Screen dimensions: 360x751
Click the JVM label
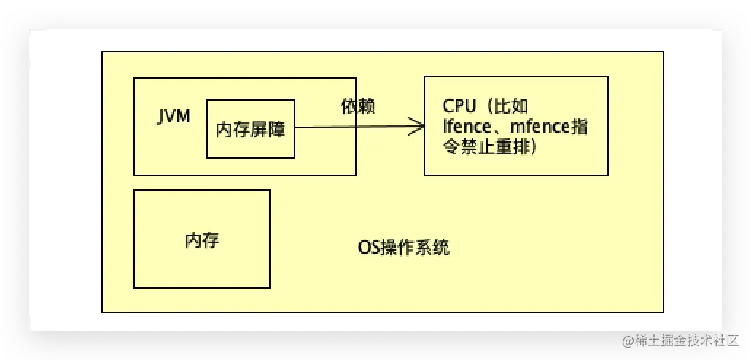[174, 117]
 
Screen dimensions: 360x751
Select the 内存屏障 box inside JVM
[251, 129]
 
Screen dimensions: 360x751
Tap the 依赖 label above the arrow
[358, 106]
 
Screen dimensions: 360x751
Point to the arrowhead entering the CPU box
[419, 127]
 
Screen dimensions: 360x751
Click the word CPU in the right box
[457, 106]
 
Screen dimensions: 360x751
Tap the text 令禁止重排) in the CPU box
[490, 147]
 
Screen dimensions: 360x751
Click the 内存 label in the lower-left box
[202, 240]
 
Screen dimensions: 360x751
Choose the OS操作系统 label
[403, 248]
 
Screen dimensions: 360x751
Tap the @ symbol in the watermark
[627, 340]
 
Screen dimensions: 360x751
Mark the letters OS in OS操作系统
[367, 248]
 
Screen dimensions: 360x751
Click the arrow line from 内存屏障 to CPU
[350, 128]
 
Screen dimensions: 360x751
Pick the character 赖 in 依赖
[367, 106]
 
